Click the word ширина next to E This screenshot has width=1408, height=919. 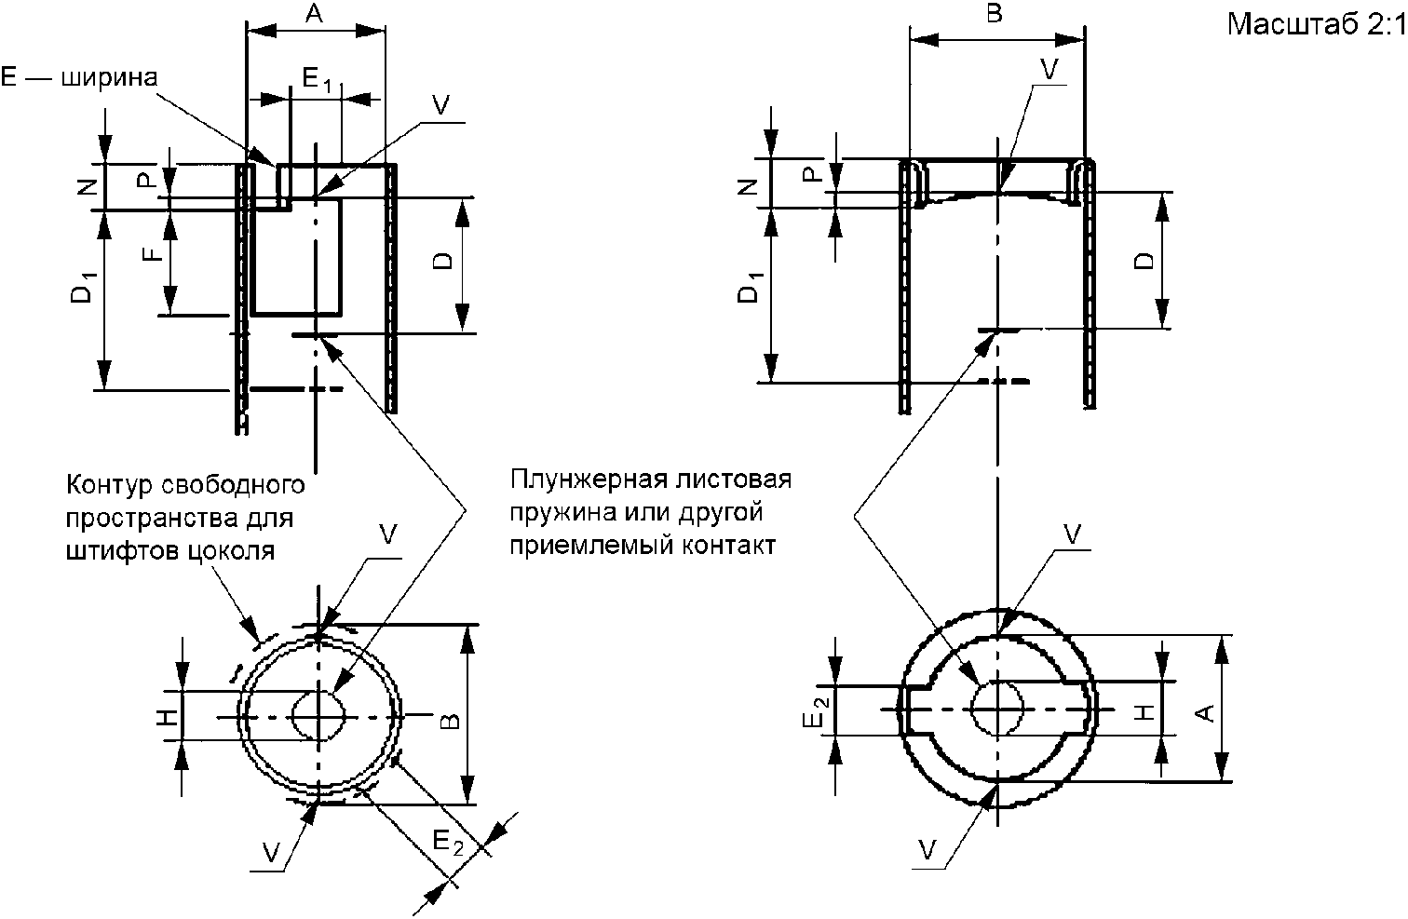pos(109,77)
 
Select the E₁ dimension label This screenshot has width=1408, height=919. pos(317,80)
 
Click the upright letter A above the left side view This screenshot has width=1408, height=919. pos(314,13)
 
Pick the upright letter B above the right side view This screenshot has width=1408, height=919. pos(995,13)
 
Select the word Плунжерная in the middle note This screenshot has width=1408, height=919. pos(588,479)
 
